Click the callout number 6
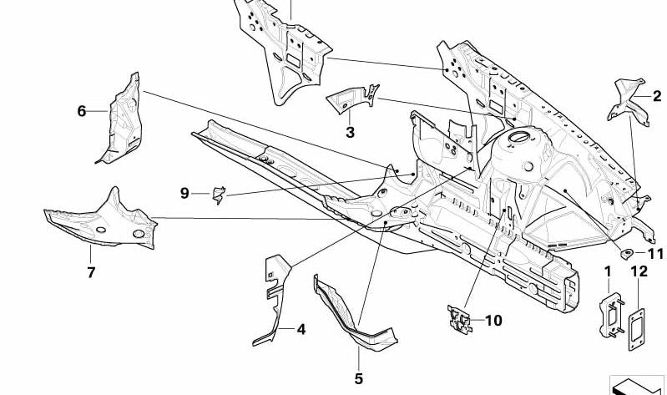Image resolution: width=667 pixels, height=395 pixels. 82,110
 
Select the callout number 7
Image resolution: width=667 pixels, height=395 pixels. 91,272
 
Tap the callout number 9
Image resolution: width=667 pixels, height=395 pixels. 184,194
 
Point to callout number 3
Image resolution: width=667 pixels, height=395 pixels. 350,132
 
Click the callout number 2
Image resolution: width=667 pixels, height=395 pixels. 655,98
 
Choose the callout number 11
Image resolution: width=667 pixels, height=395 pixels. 654,255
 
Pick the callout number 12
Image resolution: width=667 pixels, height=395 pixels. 639,271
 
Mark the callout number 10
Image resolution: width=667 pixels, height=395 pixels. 493,320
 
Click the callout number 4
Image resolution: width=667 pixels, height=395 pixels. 301,329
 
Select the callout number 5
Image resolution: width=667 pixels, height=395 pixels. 359,378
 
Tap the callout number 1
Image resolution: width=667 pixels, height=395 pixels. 608,271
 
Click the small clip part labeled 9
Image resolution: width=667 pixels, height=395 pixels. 219,195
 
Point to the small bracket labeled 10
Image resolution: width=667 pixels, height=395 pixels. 457,318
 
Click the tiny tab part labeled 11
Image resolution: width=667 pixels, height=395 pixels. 627,252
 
